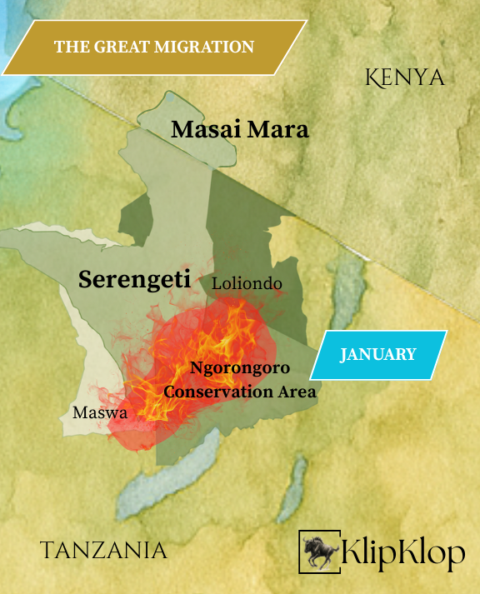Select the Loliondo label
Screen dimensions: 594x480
(x=247, y=284)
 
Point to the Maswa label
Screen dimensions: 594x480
(x=99, y=412)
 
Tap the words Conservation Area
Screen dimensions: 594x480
(x=240, y=391)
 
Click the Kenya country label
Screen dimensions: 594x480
(x=405, y=77)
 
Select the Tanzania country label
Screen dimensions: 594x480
(x=103, y=550)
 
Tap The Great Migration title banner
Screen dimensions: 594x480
(x=153, y=47)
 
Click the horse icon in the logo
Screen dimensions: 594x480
(x=319, y=551)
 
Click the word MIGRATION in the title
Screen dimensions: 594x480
(x=207, y=47)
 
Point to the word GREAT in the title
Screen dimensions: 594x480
(x=124, y=47)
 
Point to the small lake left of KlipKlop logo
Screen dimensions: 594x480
(x=296, y=483)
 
